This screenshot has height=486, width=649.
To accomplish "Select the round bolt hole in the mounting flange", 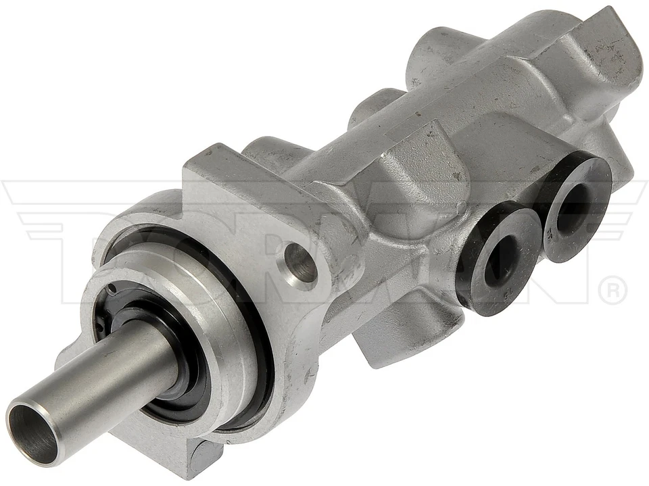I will tap(300, 262).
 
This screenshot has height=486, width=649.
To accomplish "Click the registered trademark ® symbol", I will tap(612, 291).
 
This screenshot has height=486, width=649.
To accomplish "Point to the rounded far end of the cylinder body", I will tap(612, 74).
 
